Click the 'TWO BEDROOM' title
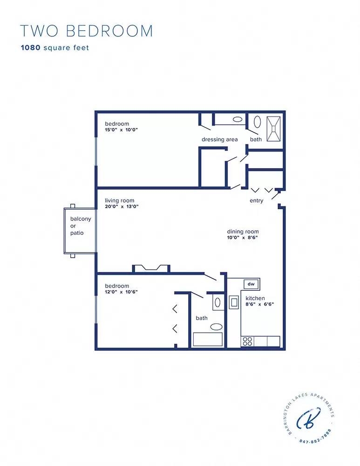(x=86, y=31)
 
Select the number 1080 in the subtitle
(x=30, y=48)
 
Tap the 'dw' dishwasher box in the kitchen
(x=251, y=284)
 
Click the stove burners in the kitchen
(x=247, y=341)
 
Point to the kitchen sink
(x=234, y=302)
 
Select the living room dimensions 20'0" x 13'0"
(x=122, y=206)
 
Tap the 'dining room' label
(x=243, y=232)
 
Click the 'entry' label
(x=256, y=201)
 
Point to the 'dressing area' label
(x=219, y=139)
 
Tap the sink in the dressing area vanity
(x=237, y=119)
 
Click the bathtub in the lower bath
(x=208, y=339)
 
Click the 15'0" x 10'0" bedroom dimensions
(x=122, y=130)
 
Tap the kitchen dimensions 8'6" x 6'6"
(x=259, y=304)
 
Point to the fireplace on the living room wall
(x=151, y=267)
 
